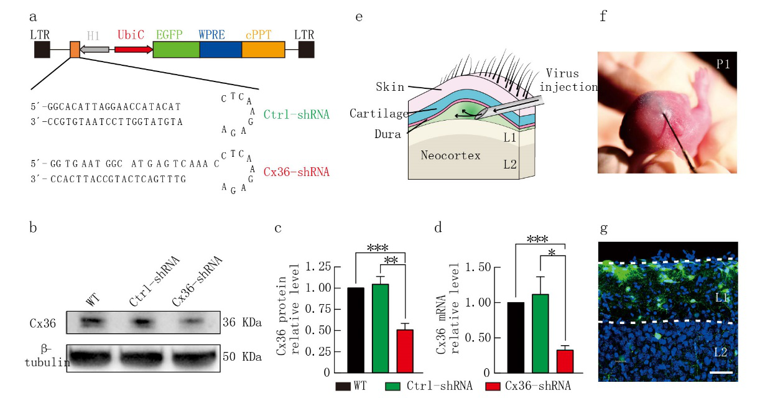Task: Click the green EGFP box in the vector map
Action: click(176, 50)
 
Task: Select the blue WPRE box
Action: click(220, 50)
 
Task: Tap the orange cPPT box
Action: click(263, 50)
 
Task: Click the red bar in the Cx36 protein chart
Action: click(405, 351)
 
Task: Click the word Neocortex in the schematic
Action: click(450, 155)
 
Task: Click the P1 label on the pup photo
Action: click(722, 63)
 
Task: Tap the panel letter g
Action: click(603, 228)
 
